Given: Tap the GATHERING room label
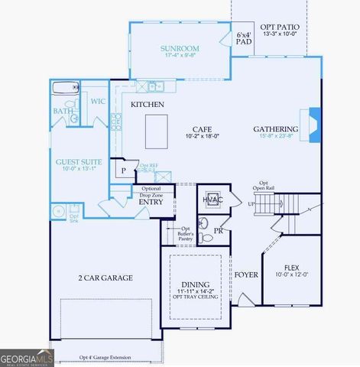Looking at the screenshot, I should click(275, 129).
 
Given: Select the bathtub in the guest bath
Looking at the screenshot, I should click(66, 88).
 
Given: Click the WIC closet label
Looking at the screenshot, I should click(98, 101).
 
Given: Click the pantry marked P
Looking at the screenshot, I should click(122, 171).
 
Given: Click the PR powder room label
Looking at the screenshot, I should click(218, 230).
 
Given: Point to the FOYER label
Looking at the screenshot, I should click(246, 274).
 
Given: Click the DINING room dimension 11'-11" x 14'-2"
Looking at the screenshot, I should click(194, 291).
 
